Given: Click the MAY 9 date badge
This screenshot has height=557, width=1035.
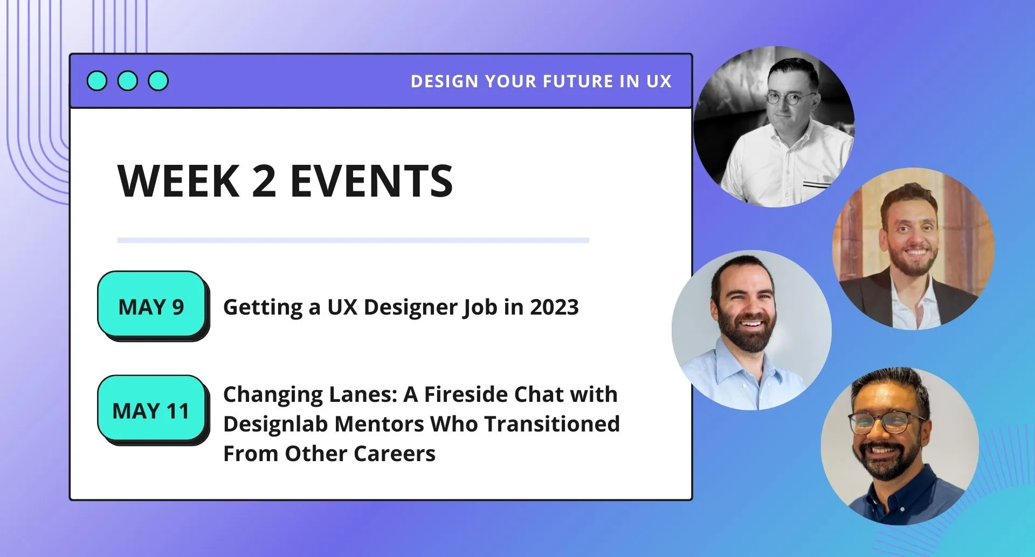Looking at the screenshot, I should [x=151, y=305].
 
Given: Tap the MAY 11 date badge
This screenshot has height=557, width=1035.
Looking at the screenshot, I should [x=151, y=409].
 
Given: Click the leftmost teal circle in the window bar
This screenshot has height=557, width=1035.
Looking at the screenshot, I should [x=97, y=81].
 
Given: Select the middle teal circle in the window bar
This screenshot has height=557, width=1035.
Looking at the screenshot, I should [x=128, y=81].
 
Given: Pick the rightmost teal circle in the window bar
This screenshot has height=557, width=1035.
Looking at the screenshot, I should [x=158, y=81].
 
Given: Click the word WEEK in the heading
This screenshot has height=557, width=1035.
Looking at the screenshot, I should [x=178, y=181].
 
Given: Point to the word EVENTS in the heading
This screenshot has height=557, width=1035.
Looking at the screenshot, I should [x=371, y=181].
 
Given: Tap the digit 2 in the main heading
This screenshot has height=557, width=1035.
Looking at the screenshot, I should [x=264, y=181].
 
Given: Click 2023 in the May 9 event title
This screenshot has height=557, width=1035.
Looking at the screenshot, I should [x=554, y=307].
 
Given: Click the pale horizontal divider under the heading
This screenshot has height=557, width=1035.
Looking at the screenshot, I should [x=353, y=240].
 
